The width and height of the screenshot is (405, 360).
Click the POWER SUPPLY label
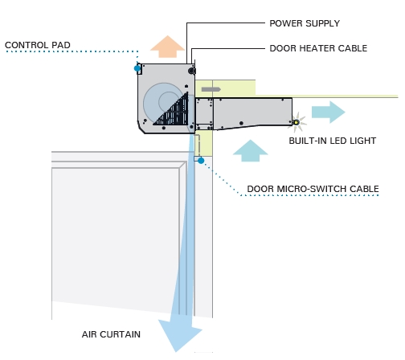[x=305, y=23]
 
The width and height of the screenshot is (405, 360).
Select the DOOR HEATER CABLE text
[x=318, y=48]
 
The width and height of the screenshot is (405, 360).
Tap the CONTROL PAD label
[x=38, y=45]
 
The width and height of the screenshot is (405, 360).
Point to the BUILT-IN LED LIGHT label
[x=333, y=141]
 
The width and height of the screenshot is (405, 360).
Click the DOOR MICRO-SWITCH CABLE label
[x=313, y=189]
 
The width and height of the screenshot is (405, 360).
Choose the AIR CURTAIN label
[x=111, y=334]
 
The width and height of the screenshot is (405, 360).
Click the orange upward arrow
[x=168, y=47]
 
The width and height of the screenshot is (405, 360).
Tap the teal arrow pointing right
[x=329, y=112]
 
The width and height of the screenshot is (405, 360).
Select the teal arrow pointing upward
[x=251, y=150]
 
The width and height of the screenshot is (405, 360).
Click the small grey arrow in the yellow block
[x=211, y=89]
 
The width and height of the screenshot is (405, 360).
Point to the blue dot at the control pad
[x=137, y=68]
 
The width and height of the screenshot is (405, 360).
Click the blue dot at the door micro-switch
[x=201, y=161]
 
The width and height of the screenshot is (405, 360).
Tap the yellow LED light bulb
[x=296, y=123]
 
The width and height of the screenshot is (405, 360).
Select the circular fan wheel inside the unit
[x=164, y=102]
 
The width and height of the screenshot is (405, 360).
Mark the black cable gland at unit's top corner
[x=192, y=71]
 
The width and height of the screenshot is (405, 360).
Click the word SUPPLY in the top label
[x=322, y=23]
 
